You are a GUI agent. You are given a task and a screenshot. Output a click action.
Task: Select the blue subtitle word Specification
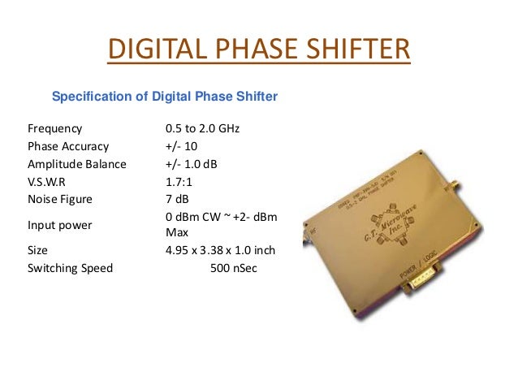click(91, 97)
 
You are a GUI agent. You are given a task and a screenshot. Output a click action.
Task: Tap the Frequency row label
click(54, 129)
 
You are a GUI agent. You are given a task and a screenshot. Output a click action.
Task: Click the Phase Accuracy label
click(67, 146)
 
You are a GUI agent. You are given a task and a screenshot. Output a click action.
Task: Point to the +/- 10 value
click(181, 146)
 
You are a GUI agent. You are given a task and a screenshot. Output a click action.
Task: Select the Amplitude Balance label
click(76, 164)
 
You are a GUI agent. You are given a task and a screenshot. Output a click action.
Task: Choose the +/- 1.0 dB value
click(191, 164)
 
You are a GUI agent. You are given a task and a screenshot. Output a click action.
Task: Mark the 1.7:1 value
click(179, 181)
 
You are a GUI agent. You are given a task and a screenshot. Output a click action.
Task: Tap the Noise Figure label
click(60, 198)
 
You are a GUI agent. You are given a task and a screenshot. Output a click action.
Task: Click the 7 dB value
click(176, 198)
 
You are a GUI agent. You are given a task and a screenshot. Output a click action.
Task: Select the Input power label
click(59, 224)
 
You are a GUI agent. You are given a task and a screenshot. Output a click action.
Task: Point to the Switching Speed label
click(70, 267)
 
